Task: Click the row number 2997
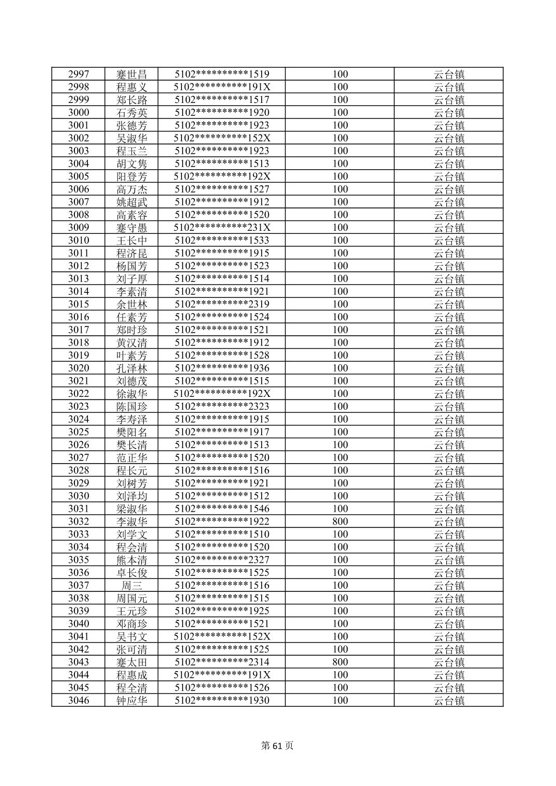pos(79,74)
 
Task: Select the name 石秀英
pos(132,113)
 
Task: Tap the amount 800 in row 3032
pos(340,522)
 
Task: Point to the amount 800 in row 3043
pos(340,662)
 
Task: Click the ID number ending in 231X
pos(222,228)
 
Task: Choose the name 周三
pos(132,586)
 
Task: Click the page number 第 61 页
pos(277,746)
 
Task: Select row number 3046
pos(79,701)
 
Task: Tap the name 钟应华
pos(132,701)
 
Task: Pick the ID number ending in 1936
pos(222,368)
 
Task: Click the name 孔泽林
pos(132,368)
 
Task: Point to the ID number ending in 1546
pos(222,509)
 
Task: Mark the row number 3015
pos(79,304)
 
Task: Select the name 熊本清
pos(132,560)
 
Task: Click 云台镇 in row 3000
pos(449,113)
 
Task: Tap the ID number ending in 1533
pos(222,241)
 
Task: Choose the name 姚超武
pos(132,202)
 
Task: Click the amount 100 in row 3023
pos(340,407)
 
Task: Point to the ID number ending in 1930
pos(222,701)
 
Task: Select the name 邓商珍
pos(132,624)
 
